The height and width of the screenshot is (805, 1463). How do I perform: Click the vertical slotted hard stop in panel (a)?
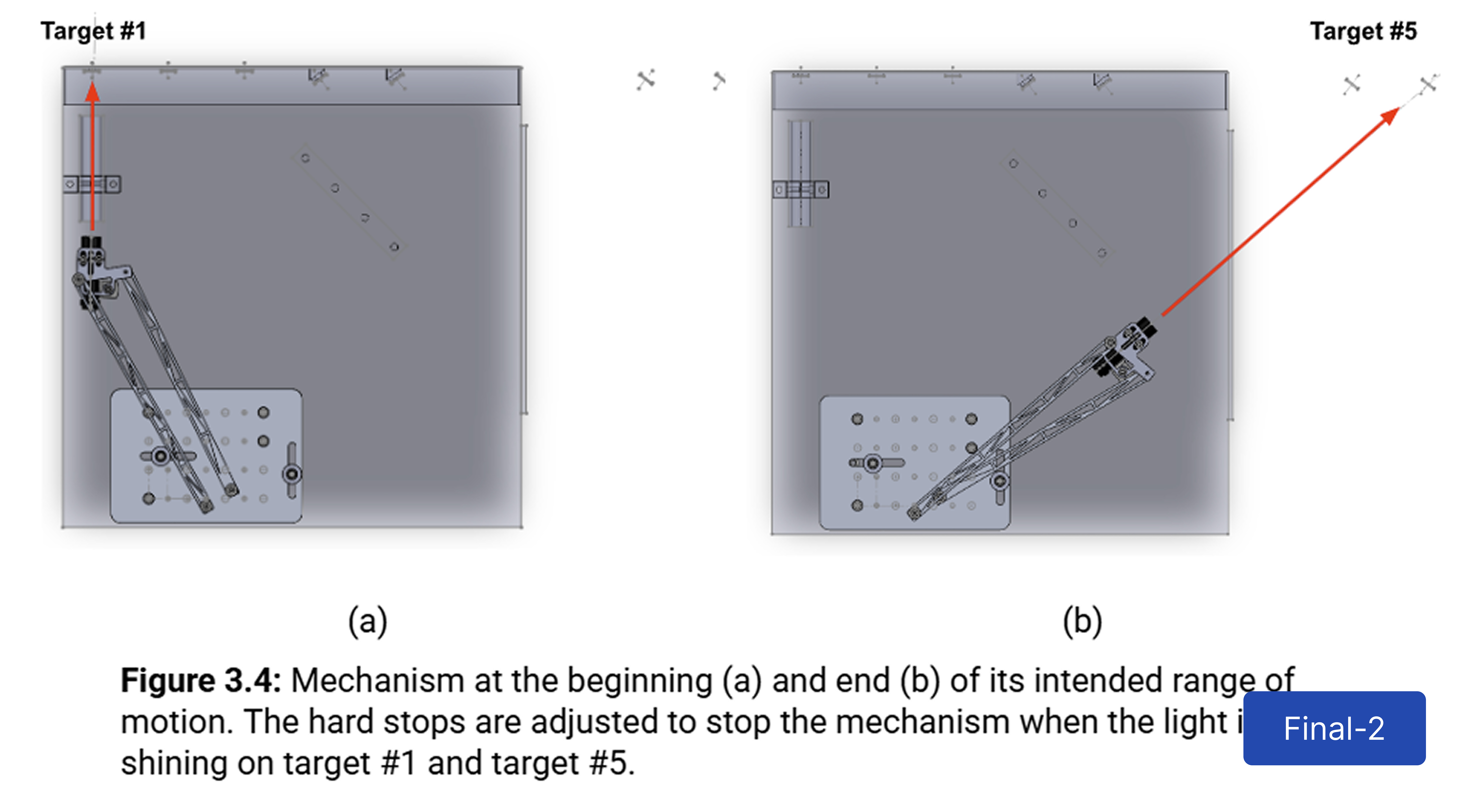pyautogui.click(x=292, y=471)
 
